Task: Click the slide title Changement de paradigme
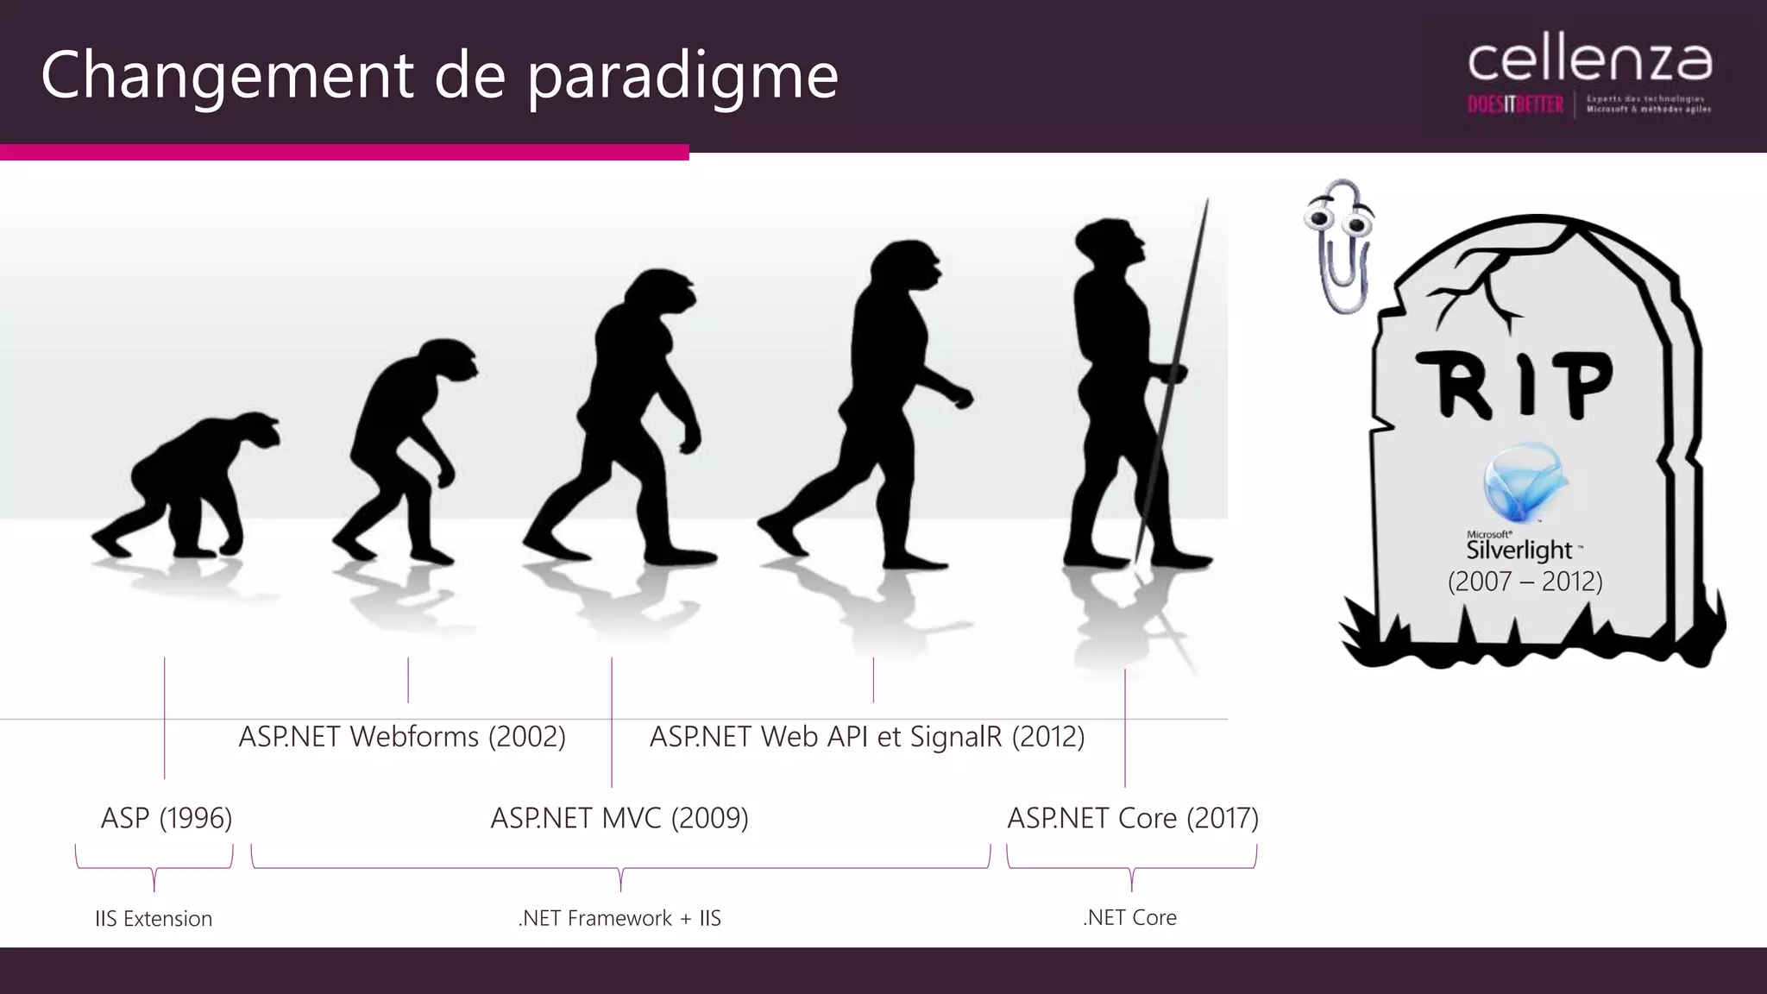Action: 439,76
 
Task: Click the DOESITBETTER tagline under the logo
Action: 1515,105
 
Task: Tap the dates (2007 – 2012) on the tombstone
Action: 1525,582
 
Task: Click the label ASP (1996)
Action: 167,818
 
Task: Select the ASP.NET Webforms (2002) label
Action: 402,737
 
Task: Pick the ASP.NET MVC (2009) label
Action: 619,818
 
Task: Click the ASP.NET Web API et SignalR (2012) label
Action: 867,737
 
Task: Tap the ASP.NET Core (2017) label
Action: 1133,818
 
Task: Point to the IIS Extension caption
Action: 154,919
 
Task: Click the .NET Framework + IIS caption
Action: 619,918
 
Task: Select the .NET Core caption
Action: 1130,918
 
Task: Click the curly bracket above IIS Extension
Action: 154,867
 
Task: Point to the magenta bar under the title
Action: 344,153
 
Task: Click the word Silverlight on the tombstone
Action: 1519,550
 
